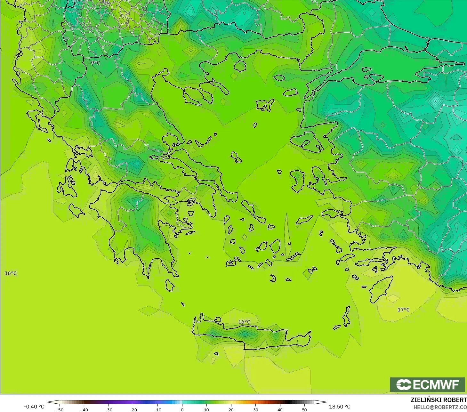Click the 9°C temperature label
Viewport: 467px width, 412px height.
[x=95, y=63]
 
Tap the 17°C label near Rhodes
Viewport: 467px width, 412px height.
[x=403, y=310]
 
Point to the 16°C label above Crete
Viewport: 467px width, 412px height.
[x=244, y=322]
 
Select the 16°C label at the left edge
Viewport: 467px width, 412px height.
[x=11, y=273]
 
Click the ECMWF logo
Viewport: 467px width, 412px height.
[x=428, y=384]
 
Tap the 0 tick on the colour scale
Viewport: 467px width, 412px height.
[x=182, y=409]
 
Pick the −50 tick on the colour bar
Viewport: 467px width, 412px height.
[x=60, y=409]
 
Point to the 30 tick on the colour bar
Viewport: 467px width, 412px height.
[x=255, y=409]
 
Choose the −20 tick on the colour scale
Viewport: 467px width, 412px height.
[x=133, y=409]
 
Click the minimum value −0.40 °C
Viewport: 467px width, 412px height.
[x=34, y=407]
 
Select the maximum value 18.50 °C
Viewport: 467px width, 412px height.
[x=340, y=407]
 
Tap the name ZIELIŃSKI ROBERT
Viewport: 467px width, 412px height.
[x=439, y=400]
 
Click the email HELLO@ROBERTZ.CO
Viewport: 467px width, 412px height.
[x=440, y=407]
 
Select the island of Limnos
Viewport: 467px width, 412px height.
[x=265, y=105]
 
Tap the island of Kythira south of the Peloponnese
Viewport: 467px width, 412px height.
[x=170, y=285]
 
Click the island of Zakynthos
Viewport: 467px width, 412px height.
[x=76, y=210]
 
